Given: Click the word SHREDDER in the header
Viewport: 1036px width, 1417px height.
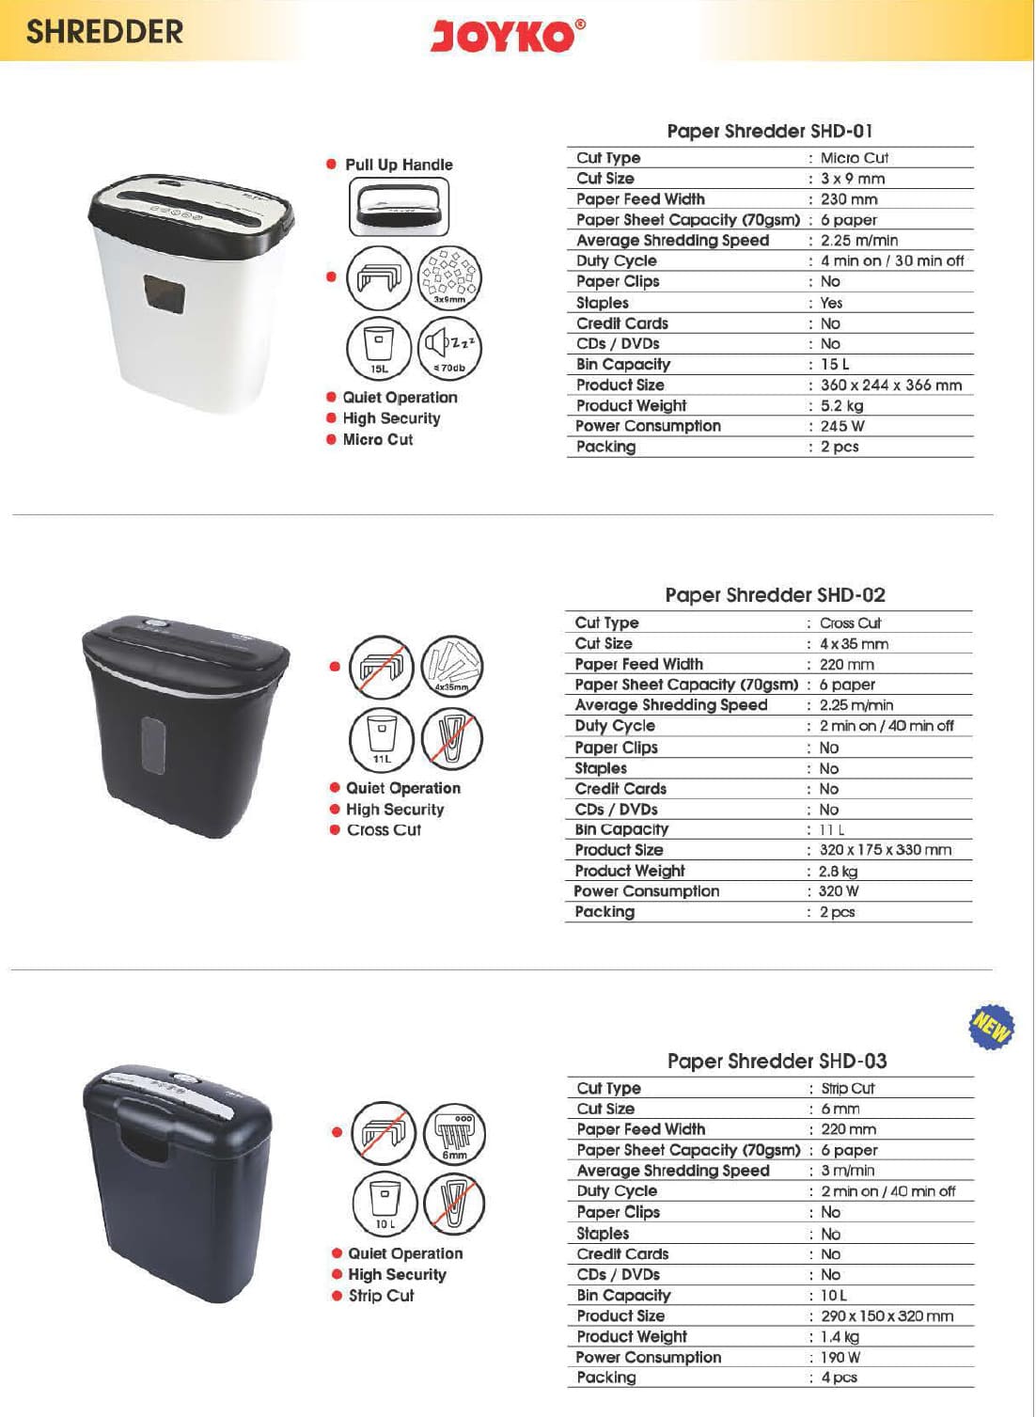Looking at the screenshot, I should point(104,32).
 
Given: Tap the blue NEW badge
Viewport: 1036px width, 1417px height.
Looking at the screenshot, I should point(991,1026).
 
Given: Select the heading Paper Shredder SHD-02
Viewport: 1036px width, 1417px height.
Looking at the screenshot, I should point(775,595).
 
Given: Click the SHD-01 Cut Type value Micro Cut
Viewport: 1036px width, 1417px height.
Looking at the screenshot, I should point(854,158).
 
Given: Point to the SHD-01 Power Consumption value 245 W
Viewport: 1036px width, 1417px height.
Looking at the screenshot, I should point(841,426).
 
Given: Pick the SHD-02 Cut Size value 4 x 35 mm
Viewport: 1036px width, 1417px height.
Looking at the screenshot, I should point(853,644).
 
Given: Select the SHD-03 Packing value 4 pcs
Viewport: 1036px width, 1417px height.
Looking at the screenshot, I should point(839,1378).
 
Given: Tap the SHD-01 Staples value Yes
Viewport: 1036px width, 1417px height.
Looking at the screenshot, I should point(831,303).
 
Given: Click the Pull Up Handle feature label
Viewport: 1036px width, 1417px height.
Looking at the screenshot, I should point(399,165).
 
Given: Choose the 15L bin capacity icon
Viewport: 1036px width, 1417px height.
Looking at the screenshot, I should point(379,348).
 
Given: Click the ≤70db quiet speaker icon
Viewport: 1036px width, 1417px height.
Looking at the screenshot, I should point(449,348).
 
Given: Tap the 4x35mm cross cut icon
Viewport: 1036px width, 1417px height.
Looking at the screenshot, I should point(451,667).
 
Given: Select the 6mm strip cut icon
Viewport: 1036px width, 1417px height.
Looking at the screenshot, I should point(455,1133).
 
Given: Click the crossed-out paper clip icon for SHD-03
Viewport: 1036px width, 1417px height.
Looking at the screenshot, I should point(455,1204).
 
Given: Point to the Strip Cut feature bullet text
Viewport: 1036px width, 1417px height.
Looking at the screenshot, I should point(381,1296).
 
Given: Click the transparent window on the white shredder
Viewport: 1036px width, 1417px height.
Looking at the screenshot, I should point(164,294).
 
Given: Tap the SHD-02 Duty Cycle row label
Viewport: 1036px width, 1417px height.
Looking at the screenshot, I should point(615,726).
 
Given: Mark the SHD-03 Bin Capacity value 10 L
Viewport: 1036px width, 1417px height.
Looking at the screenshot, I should point(833,1296).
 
